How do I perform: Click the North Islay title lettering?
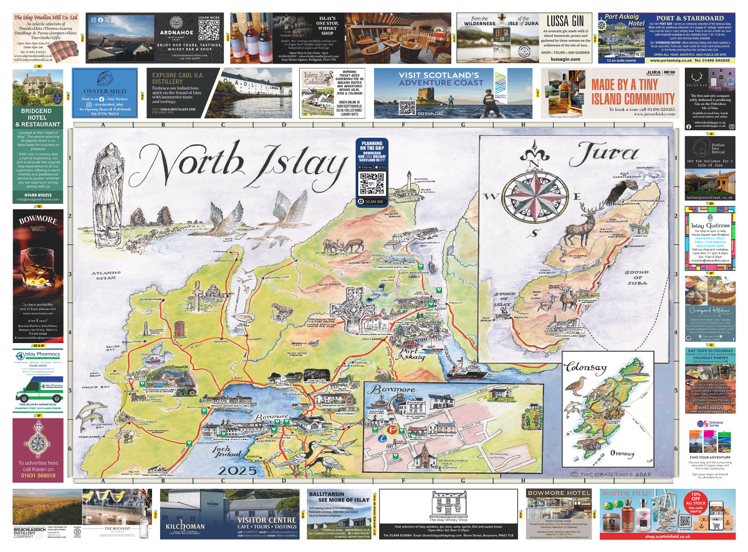coord(243,163)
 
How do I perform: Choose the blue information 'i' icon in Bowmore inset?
coord(382,438)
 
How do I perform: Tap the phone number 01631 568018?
coord(37,476)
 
